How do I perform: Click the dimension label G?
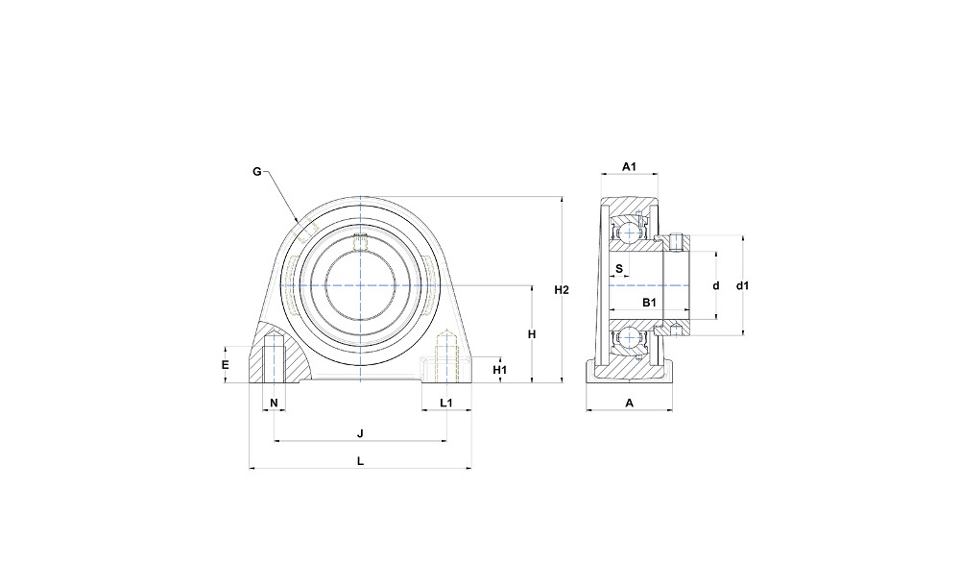[257, 172]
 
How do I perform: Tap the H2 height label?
[562, 290]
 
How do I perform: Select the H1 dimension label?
[500, 370]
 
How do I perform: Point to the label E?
[226, 365]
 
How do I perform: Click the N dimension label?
[275, 403]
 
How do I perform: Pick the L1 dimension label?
[446, 403]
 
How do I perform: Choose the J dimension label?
[361, 434]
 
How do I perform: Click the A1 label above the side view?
[630, 166]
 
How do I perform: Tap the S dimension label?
[619, 269]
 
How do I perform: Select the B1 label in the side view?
[649, 302]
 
